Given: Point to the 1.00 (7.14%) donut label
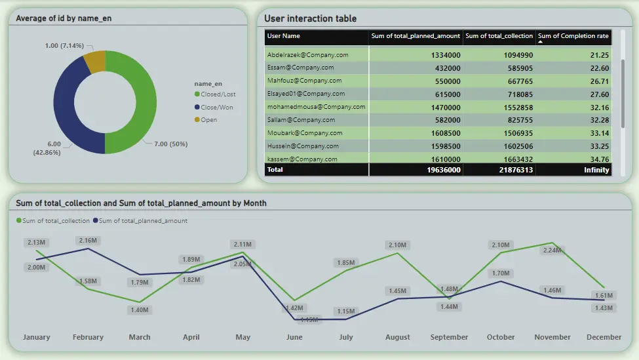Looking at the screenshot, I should point(64,45).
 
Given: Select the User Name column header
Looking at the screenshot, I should point(284,36).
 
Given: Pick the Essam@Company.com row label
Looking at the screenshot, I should point(301,68).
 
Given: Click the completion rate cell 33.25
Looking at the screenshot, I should point(599,146).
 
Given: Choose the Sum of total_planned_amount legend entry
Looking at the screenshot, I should point(142,221).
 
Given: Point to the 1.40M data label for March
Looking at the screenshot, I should point(140,310).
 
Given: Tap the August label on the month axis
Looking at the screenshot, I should point(398,337).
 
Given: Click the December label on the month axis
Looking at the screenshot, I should point(604,337).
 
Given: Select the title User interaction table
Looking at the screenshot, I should point(311,19).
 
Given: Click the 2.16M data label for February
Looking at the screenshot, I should point(88,241).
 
